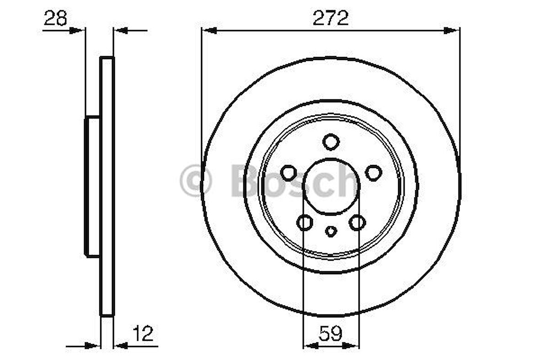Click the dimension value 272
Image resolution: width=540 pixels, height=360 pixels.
point(331,18)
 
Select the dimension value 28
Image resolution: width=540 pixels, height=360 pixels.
point(55,19)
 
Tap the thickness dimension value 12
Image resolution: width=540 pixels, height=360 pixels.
point(143,334)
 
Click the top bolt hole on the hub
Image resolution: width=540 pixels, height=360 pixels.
point(330,142)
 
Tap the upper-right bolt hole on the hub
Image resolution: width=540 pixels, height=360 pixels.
point(373,173)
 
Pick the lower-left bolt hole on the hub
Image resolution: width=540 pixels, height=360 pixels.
point(305,223)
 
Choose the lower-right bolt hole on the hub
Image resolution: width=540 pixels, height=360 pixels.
point(357,223)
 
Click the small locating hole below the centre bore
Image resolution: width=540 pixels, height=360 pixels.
point(331,231)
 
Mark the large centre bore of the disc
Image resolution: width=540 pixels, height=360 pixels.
point(331,186)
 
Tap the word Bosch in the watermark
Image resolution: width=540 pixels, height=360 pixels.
point(293,181)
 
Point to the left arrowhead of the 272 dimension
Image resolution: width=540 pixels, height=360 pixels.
point(209,31)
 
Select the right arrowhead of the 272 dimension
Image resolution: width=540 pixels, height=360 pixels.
point(453,31)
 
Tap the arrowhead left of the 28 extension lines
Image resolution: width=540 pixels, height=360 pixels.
point(78,31)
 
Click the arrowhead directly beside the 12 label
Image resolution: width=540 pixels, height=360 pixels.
point(120,345)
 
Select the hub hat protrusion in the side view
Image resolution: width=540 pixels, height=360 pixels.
point(93,186)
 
